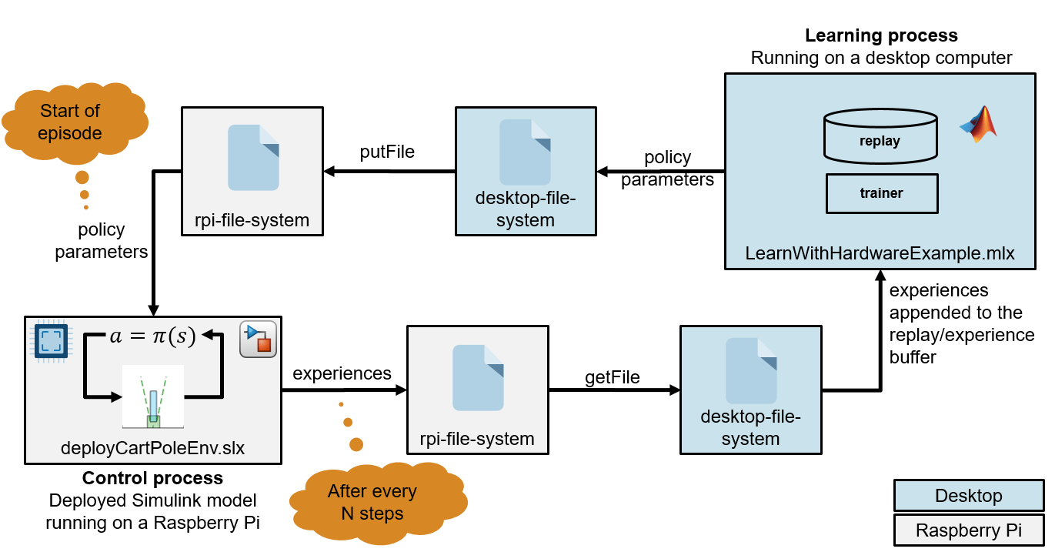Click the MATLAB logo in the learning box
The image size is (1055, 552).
click(978, 124)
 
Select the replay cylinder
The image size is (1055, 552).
click(880, 136)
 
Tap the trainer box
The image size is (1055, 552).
click(881, 193)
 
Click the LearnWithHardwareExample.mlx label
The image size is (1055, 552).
click(880, 253)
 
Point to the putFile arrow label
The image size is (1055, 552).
click(387, 152)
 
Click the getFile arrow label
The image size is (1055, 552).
click(613, 376)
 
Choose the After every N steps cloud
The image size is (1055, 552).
click(372, 502)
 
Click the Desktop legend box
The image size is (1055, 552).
click(968, 496)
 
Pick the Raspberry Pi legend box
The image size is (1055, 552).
click(968, 530)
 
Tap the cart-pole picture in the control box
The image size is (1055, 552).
click(152, 396)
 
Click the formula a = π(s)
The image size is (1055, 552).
click(152, 335)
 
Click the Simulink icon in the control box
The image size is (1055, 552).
click(258, 339)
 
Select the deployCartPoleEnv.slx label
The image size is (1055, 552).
click(152, 447)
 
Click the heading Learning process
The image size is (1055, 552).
click(881, 35)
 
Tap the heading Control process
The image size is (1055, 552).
click(152, 478)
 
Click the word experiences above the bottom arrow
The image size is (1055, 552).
click(342, 373)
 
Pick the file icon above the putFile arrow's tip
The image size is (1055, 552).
click(253, 157)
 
